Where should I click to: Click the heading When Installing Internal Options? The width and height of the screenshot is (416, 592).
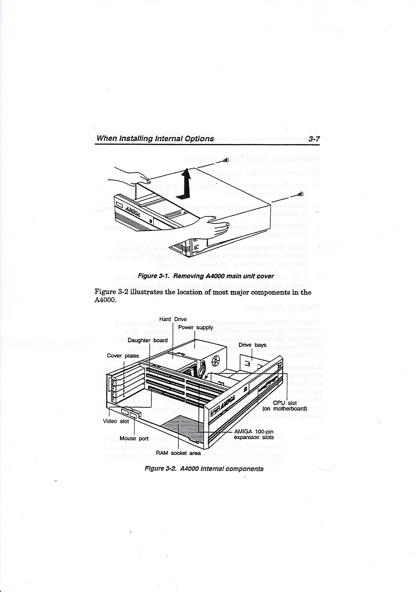click(155, 139)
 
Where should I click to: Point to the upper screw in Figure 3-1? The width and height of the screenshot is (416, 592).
click(227, 160)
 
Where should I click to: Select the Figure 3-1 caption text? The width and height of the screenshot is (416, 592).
click(206, 276)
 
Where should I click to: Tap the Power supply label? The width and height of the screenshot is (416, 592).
click(196, 327)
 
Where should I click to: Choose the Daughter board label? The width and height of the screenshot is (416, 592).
click(148, 340)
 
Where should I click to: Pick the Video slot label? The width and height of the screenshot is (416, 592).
click(116, 421)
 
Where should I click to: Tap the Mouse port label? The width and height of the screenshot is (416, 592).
click(134, 438)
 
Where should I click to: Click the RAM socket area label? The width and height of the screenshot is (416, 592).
click(178, 453)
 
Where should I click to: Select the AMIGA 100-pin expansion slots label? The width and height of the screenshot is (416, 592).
click(254, 434)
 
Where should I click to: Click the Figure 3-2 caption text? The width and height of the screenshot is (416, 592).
click(204, 469)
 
